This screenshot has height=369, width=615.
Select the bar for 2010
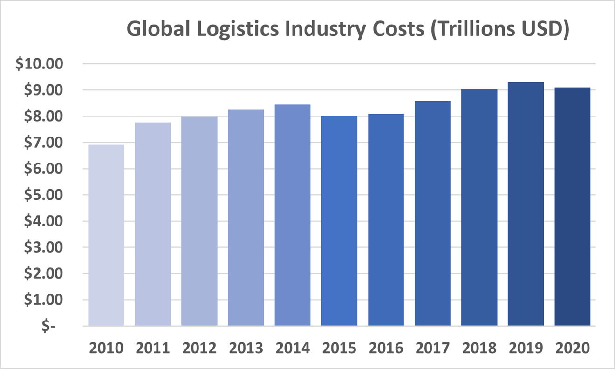pos(106,235)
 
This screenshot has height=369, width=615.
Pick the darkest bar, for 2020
pos(572,207)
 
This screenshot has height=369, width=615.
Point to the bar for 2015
pos(339,221)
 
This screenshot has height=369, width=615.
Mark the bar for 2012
pos(199,221)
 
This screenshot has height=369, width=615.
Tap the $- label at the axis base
pos(48,326)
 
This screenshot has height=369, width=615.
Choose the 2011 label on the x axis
pos(153,348)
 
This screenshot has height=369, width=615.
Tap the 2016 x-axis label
pos(386,348)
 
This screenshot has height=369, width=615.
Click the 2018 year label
pos(479,348)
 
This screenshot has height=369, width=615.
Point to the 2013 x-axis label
pos(246,348)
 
